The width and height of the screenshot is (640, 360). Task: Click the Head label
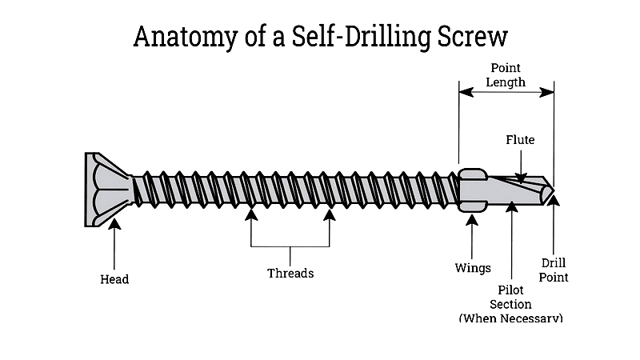tap(114, 279)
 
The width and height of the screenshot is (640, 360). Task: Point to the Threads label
tap(290, 274)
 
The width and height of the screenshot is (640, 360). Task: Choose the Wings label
tap(472, 268)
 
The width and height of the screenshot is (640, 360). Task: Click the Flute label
tap(520, 140)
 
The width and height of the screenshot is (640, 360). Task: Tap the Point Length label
tap(506, 75)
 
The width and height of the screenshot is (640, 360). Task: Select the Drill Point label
tap(554, 270)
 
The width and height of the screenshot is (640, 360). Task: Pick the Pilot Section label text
tap(511, 297)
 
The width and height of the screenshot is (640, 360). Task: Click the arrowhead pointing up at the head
tap(114, 225)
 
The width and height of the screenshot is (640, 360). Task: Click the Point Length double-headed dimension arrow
tap(506, 93)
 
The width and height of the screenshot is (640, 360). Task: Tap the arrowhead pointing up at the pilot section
tap(512, 208)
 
